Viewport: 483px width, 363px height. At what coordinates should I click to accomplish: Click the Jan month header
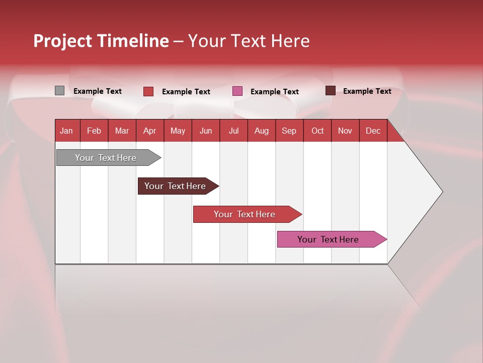tap(66, 131)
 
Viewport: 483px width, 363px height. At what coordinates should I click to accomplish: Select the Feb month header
tap(94, 131)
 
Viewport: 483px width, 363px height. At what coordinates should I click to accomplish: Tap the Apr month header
tap(149, 131)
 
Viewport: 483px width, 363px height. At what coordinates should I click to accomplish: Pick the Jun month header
tap(206, 131)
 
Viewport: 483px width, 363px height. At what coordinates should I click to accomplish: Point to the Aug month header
tap(261, 131)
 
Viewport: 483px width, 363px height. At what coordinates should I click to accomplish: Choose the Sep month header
tap(289, 131)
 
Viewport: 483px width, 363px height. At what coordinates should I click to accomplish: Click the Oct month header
tap(317, 131)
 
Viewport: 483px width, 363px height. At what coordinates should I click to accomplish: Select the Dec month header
tap(373, 131)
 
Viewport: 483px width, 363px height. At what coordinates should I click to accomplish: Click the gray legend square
tap(59, 91)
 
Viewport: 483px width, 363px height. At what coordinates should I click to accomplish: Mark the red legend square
tap(148, 91)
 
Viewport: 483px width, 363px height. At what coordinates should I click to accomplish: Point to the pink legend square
tap(237, 91)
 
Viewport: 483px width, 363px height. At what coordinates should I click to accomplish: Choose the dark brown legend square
tap(331, 91)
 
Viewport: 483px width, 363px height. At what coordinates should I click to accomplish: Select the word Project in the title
tap(62, 41)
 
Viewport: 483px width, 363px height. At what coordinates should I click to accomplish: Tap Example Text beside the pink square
tap(274, 92)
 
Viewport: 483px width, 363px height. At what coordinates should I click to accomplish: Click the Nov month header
tap(345, 131)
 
